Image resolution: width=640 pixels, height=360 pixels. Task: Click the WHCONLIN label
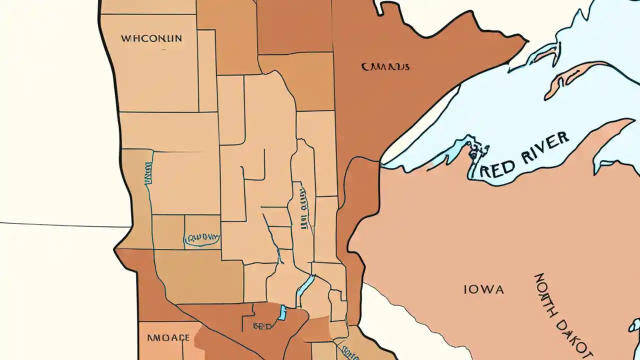(x=151, y=38)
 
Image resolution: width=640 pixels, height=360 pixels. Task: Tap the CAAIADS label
(x=385, y=66)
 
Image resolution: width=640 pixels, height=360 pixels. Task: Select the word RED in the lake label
(x=498, y=167)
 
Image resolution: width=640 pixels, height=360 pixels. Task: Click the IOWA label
(x=483, y=289)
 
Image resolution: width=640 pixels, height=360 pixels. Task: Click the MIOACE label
(x=168, y=338)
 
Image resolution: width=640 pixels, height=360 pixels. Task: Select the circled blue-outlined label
(x=202, y=238)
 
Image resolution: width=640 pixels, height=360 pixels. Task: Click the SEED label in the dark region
(x=262, y=326)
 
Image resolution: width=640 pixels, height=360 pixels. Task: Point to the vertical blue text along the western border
(x=148, y=175)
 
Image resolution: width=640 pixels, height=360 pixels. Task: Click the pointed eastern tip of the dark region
(x=525, y=40)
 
